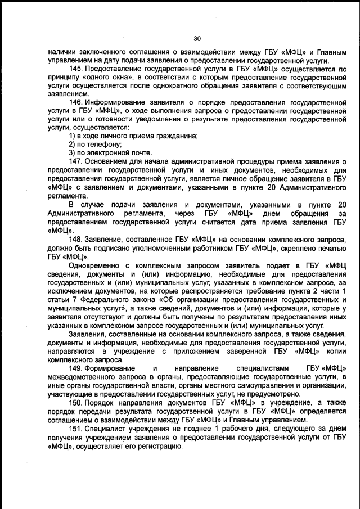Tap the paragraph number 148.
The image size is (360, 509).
[76, 238]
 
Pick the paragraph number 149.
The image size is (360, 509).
[76, 368]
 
